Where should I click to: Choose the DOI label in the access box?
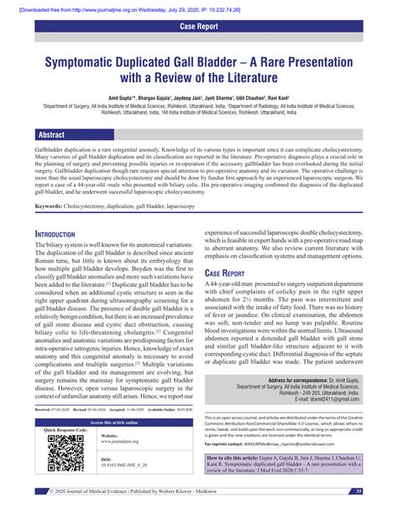pos(106,459)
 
